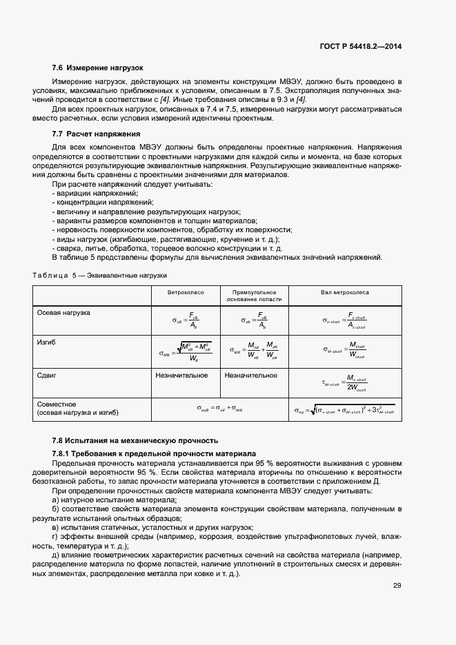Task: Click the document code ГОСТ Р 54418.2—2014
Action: tap(360, 46)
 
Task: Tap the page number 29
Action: tap(397, 586)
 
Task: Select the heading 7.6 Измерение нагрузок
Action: tap(97, 68)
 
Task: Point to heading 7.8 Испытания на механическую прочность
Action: tap(135, 440)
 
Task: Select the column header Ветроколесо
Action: tap(184, 293)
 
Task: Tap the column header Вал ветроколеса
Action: tap(345, 293)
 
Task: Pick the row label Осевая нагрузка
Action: tap(63, 313)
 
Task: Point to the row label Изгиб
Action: tap(46, 342)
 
